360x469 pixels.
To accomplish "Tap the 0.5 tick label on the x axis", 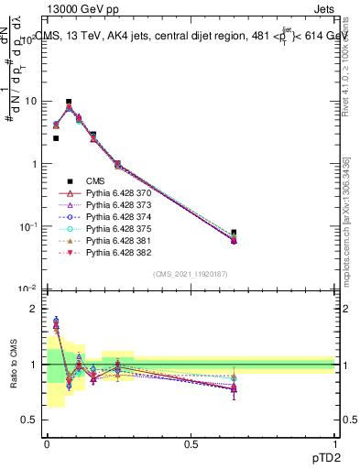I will (x=191, y=443).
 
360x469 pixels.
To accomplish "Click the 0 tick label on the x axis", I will (x=47, y=443).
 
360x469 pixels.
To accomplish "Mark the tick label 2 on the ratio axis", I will (x=33, y=310).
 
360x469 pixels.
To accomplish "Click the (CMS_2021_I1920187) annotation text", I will (x=191, y=274).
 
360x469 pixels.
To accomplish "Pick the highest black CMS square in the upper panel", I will (x=69, y=102).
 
